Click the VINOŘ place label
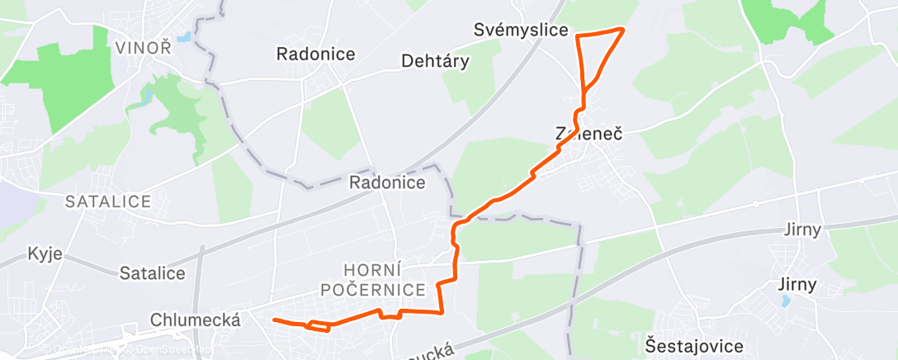point(143,47)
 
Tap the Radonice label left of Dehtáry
point(316,54)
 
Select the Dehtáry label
point(435,61)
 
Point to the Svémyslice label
point(522,31)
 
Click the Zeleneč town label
point(588,132)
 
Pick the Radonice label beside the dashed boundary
point(387,182)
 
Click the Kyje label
point(45,253)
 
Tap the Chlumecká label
point(196,320)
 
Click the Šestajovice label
point(695,345)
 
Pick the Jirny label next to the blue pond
point(797,285)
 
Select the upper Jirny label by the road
point(804,230)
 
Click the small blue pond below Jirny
point(784,303)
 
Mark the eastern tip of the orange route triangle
point(622,30)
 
